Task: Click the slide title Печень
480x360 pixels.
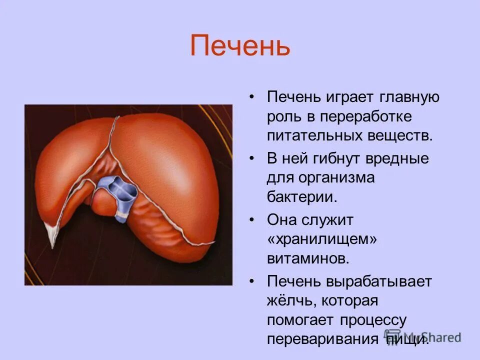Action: [240, 46]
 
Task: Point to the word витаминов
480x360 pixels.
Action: [307, 258]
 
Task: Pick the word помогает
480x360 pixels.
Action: [300, 319]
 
